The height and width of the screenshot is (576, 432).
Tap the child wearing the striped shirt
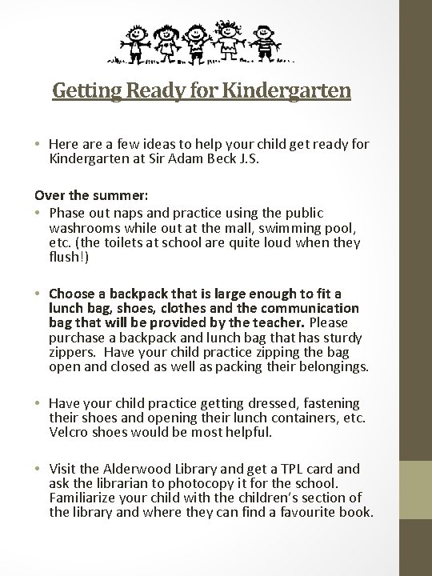coord(269,40)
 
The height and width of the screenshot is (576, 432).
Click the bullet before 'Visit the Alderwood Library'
coord(38,469)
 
